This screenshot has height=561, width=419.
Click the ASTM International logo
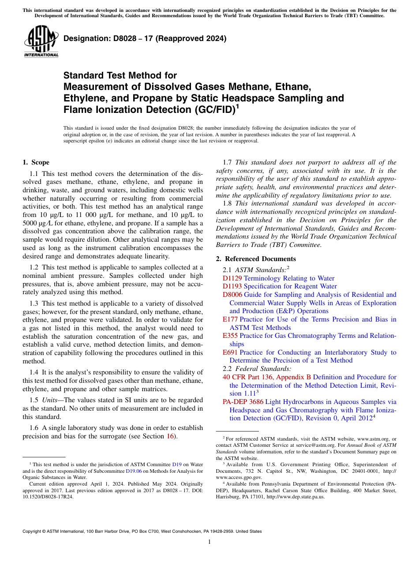pos(41,42)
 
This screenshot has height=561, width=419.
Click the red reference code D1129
pos(232,278)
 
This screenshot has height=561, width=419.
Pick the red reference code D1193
pos(232,286)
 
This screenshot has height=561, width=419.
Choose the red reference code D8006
pos(232,295)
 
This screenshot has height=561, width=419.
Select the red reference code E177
pos(230,319)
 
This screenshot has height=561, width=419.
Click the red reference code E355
pos(230,336)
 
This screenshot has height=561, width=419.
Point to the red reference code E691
pos(230,352)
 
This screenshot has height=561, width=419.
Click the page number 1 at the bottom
pos(209,542)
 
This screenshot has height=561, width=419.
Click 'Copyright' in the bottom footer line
pos(33,531)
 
